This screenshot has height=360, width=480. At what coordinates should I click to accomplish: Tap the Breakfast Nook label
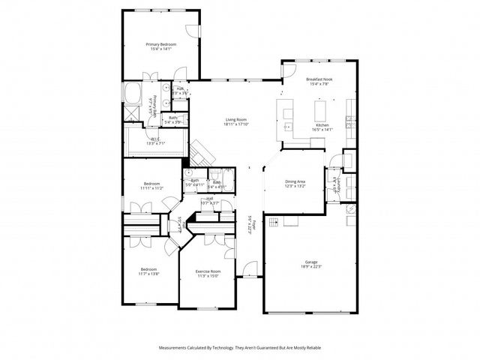point(319,79)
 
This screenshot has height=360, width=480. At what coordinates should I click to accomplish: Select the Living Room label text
point(236,119)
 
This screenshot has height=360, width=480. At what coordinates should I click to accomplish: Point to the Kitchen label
point(322,124)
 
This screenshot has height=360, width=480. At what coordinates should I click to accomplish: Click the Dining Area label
point(295,181)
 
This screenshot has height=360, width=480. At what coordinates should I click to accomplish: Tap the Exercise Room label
point(208,271)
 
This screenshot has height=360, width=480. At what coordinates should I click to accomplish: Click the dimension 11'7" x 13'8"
point(149,274)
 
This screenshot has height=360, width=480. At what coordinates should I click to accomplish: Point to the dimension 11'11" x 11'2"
point(152,188)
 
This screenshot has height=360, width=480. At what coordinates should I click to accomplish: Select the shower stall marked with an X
point(131,115)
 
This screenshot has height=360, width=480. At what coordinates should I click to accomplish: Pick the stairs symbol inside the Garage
point(274,221)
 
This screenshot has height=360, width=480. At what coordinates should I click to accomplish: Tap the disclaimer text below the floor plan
point(239,348)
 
